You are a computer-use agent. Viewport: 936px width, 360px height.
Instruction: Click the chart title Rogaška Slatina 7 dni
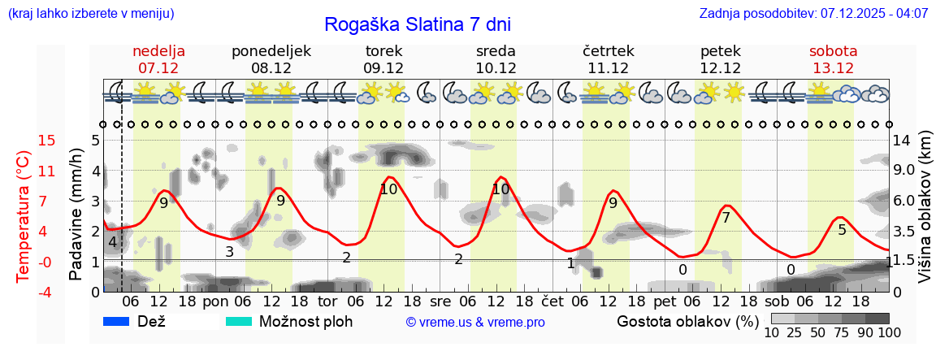(x=418, y=24)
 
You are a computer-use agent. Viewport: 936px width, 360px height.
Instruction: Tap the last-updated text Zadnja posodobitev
(x=813, y=14)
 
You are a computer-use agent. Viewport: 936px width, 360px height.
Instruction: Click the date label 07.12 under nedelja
(x=158, y=68)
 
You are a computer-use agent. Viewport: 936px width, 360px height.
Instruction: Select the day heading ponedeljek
(x=271, y=51)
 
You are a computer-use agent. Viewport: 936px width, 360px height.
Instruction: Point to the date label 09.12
(x=383, y=68)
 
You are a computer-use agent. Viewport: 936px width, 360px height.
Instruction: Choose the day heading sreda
(x=496, y=51)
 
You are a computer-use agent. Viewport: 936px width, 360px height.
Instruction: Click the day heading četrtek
(x=609, y=51)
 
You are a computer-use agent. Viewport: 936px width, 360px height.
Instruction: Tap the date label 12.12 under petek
(x=721, y=68)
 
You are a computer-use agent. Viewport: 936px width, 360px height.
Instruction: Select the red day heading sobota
(x=833, y=51)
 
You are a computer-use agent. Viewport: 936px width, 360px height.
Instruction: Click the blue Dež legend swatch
(x=118, y=321)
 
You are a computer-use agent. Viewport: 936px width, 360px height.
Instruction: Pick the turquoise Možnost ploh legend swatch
(x=239, y=321)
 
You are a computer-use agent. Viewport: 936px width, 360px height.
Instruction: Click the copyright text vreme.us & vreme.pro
(x=475, y=322)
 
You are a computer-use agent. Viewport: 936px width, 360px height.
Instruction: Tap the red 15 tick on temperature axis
(x=24, y=141)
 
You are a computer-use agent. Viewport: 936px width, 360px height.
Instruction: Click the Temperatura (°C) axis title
(x=24, y=215)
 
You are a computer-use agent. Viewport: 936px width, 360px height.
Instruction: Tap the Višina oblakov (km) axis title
(x=924, y=207)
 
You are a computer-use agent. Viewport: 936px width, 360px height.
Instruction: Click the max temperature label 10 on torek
(x=388, y=189)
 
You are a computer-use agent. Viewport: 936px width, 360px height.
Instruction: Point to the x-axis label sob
(x=772, y=301)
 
